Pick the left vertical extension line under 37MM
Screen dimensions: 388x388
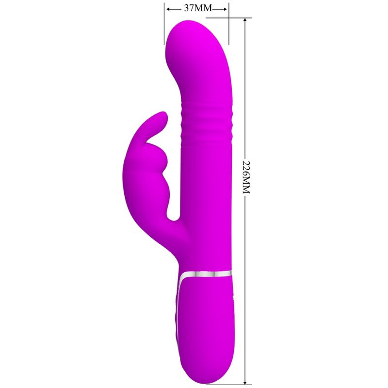point(164,24)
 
